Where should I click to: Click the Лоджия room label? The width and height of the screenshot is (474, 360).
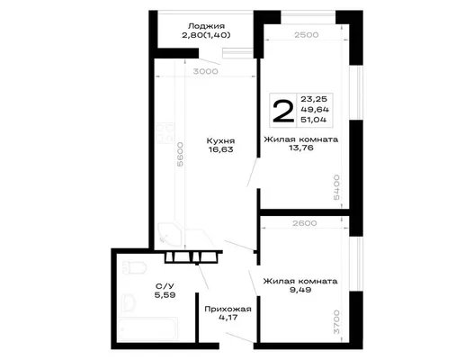(206, 26)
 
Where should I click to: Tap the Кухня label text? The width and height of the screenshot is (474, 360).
(220, 141)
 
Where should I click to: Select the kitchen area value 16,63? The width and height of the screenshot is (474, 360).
(220, 149)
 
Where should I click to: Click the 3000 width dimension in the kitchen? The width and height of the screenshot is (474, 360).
(206, 71)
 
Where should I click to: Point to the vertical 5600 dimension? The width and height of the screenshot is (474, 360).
(180, 155)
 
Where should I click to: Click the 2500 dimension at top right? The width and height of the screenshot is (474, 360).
(307, 35)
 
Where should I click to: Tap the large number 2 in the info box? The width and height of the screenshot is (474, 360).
(283, 111)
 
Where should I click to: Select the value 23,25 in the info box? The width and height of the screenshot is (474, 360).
(314, 99)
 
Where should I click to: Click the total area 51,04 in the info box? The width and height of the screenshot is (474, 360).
(314, 120)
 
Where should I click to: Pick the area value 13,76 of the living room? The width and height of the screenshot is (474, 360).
(301, 148)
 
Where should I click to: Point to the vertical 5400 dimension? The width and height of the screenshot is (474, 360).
(336, 187)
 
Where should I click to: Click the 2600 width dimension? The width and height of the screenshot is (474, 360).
(305, 223)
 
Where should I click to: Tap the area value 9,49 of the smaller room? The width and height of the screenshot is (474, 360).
(300, 290)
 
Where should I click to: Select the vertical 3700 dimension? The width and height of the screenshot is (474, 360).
(336, 322)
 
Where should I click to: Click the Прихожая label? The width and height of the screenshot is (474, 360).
(228, 310)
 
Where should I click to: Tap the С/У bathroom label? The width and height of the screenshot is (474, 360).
(165, 286)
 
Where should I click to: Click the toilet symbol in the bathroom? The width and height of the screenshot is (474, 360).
(134, 268)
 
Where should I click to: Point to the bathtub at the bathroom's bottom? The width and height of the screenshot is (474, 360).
(148, 328)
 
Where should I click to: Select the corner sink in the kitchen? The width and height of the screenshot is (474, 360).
(169, 236)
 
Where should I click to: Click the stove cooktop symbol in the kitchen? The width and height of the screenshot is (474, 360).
(165, 132)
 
